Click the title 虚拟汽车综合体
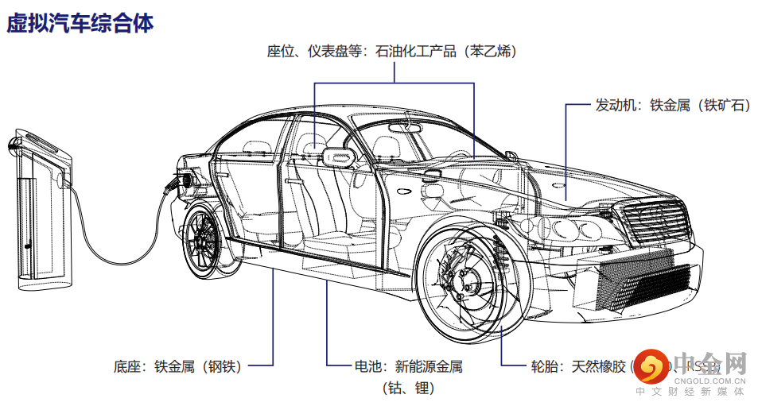(80, 23)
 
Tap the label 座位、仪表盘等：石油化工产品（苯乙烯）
(391, 52)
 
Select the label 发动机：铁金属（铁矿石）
(672, 105)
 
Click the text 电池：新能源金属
(408, 366)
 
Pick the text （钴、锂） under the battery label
(408, 389)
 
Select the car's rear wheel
(208, 241)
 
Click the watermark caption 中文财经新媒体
(690, 392)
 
